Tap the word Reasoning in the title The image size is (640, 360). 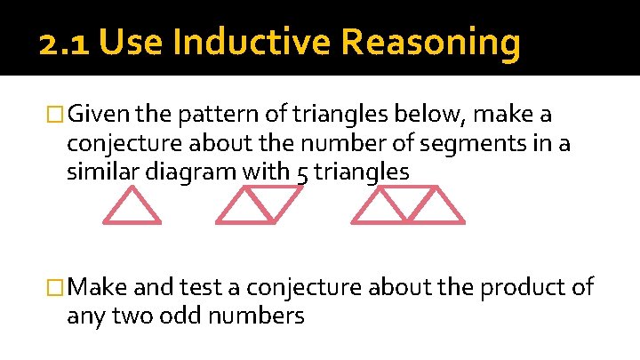pos(429,43)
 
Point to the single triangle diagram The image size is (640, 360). pos(132,206)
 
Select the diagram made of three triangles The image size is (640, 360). pos(408,205)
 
